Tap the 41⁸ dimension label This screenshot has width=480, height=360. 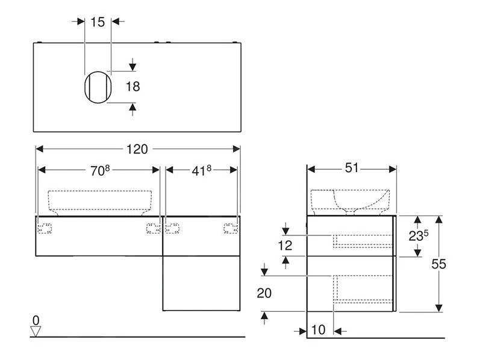click(x=201, y=170)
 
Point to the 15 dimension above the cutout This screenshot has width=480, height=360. click(x=98, y=22)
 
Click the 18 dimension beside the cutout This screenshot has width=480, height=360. click(x=132, y=87)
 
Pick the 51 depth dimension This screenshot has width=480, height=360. click(x=351, y=168)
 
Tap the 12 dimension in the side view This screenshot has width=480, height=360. click(x=285, y=245)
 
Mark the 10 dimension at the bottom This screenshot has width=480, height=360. click(x=319, y=330)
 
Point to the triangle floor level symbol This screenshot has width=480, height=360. click(x=36, y=331)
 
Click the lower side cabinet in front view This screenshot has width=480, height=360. click(x=201, y=283)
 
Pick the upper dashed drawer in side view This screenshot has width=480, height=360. click(x=362, y=240)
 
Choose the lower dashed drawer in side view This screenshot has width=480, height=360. click(x=362, y=288)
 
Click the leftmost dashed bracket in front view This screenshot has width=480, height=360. click(x=45, y=227)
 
